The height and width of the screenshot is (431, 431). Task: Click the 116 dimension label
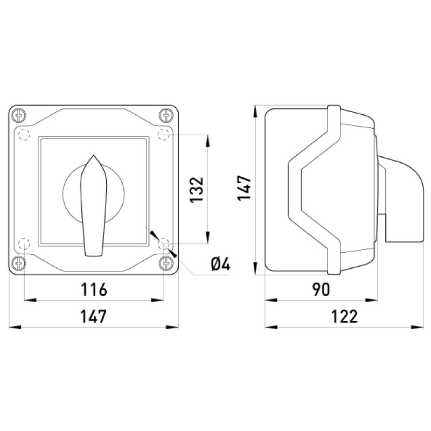point(94,289)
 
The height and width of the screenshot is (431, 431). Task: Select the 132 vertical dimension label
point(197,190)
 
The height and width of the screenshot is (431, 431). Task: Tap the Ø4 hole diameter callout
point(220,265)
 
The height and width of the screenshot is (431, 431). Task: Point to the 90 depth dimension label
point(321,289)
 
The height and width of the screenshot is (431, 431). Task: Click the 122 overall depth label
point(344,316)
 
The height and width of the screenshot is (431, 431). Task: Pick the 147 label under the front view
point(93,316)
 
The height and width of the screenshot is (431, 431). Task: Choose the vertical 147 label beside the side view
point(245,188)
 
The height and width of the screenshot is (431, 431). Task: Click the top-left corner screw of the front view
point(19,115)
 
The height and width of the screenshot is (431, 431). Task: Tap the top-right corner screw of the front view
point(166,115)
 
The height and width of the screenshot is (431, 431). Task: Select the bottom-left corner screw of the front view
point(19,263)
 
